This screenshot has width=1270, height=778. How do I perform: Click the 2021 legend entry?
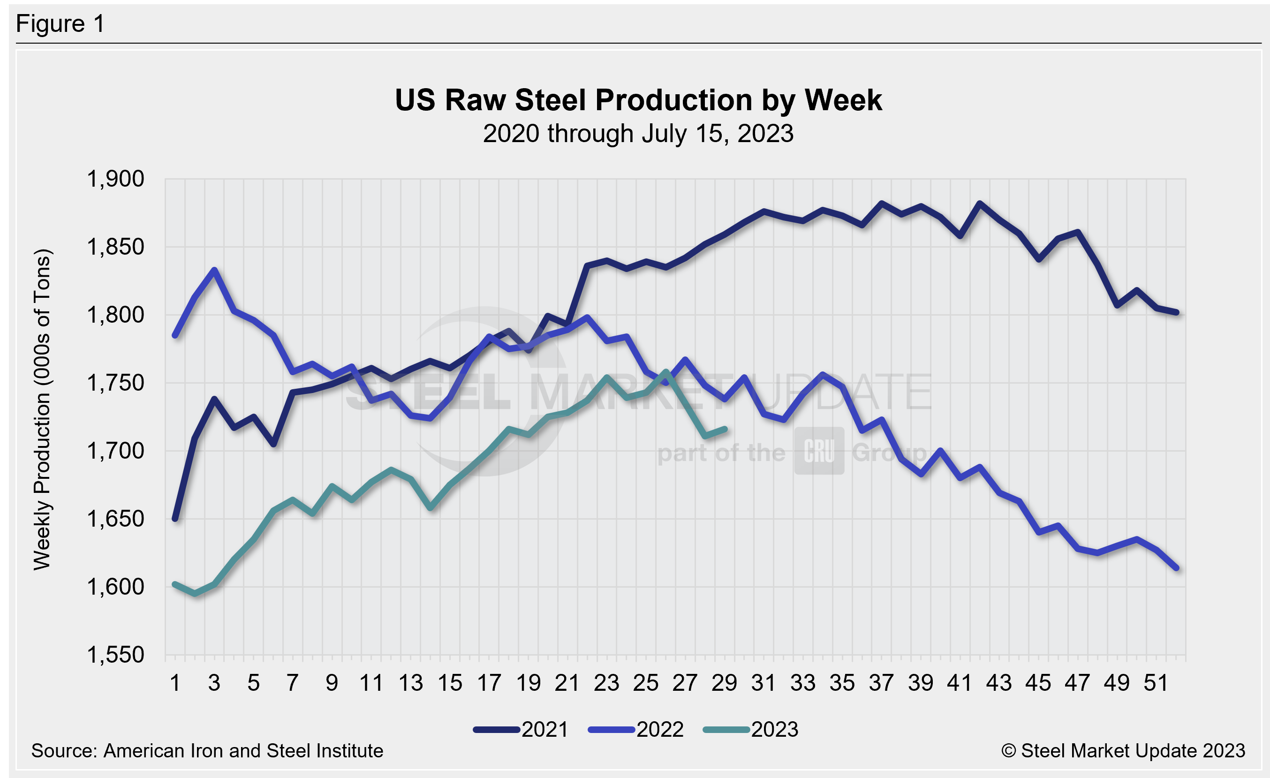tap(521, 730)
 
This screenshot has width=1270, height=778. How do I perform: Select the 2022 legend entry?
tap(636, 730)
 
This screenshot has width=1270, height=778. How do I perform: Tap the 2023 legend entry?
tap(751, 730)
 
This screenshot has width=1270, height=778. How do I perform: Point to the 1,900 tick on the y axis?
tap(115, 179)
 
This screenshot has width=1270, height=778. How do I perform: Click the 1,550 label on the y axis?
tap(115, 655)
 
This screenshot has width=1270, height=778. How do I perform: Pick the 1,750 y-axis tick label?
tap(115, 383)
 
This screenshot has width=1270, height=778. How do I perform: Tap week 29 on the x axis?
tap(724, 683)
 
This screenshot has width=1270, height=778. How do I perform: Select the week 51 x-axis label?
tap(1156, 683)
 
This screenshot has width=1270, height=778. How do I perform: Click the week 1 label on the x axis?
tap(175, 683)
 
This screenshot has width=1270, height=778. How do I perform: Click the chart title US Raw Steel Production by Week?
tap(638, 100)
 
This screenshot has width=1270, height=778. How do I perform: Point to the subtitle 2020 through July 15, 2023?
tap(638, 134)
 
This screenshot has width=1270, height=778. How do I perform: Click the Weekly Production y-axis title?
tap(42, 409)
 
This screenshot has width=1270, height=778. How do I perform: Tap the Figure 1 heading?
tap(60, 24)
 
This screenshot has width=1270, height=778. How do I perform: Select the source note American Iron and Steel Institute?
tap(207, 751)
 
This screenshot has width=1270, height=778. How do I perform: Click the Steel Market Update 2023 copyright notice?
tap(1123, 751)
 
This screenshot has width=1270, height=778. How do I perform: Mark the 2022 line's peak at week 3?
tap(214, 270)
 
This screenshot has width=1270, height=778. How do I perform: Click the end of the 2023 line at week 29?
tap(725, 429)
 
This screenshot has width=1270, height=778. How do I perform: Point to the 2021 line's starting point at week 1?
tap(175, 519)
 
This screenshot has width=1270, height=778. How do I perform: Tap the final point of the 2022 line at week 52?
tap(1177, 568)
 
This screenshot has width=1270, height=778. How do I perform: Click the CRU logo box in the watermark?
tap(819, 451)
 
